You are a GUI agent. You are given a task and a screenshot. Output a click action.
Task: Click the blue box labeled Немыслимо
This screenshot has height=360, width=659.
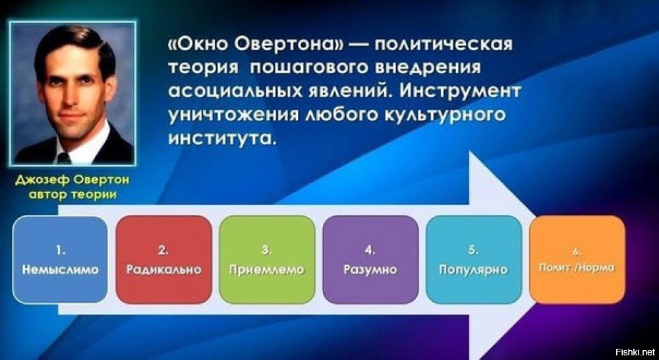(60, 260)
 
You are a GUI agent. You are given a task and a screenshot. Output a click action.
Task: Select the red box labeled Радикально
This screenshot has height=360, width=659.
(163, 260)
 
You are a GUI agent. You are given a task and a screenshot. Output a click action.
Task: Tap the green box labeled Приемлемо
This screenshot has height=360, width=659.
(267, 260)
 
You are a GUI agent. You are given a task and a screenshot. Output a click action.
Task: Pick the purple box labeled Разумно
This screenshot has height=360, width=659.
(370, 260)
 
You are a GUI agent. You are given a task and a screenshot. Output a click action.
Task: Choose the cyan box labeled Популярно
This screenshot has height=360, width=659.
(474, 260)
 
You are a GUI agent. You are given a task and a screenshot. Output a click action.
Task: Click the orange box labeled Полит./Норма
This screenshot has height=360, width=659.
(577, 260)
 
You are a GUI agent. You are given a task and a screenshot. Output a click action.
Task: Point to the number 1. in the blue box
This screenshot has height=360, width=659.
(60, 251)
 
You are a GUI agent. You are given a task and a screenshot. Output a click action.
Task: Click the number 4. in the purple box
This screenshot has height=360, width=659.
(370, 251)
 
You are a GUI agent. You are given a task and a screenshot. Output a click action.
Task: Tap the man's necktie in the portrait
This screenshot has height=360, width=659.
(64, 158)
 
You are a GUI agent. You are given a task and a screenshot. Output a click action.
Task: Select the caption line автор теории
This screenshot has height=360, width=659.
(72, 196)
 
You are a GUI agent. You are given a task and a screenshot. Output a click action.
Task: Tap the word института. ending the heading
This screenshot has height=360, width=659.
(223, 138)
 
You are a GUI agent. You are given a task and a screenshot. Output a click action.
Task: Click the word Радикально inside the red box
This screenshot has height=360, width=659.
(163, 269)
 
